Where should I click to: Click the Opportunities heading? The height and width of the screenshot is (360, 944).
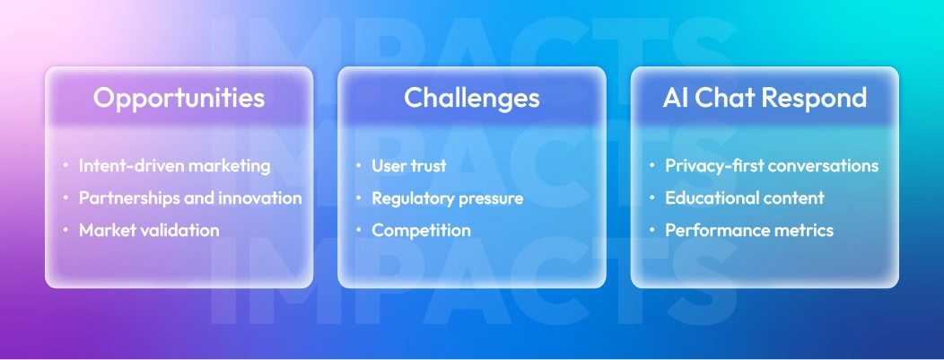click(179, 98)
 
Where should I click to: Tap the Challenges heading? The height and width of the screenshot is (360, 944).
click(471, 98)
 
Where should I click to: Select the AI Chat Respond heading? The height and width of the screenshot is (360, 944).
click(765, 98)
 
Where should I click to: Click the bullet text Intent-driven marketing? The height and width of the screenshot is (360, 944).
click(174, 166)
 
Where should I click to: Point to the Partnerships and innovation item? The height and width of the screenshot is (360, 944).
click(190, 198)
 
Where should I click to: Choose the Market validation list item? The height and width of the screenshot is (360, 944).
click(149, 231)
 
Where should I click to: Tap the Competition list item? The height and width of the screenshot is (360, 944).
click(421, 231)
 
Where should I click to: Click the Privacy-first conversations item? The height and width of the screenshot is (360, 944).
click(772, 166)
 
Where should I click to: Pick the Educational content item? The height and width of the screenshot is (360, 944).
click(744, 198)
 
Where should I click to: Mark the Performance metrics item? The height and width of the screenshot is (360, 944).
click(749, 231)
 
